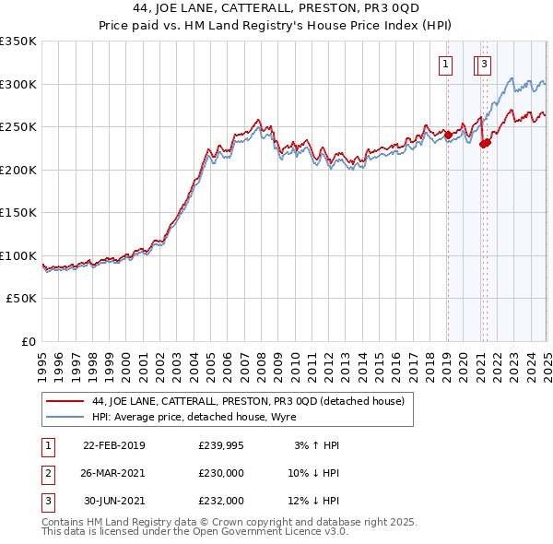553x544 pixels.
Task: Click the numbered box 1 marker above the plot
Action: pos(446,65)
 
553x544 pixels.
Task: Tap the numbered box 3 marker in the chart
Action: pos(485,65)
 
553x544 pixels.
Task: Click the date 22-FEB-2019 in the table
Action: pos(114,445)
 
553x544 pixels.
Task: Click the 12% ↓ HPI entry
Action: pos(313,501)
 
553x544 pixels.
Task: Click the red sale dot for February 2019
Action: pos(448,135)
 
